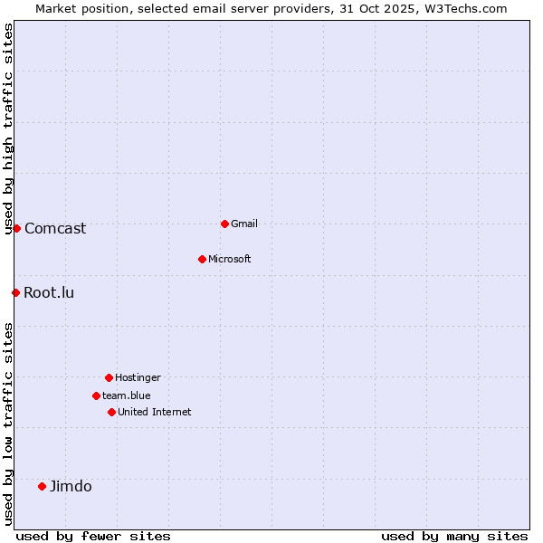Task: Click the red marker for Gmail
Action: tap(224, 224)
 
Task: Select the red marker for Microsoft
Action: tap(202, 259)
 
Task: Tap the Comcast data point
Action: tap(16, 228)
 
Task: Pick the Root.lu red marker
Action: tap(15, 292)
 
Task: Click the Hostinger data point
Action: tap(109, 377)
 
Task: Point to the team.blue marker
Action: tap(96, 395)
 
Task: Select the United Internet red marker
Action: tap(111, 412)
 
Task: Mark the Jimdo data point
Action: tap(42, 486)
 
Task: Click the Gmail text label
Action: tap(244, 224)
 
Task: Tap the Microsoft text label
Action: tap(230, 259)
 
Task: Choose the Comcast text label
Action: tap(55, 228)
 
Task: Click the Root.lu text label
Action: tap(49, 292)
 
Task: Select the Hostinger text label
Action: tap(138, 377)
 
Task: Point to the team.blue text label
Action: tap(127, 395)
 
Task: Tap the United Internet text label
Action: tap(155, 412)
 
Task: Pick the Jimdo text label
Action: tap(71, 486)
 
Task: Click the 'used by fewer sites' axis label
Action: tap(93, 536)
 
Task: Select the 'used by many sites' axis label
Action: tap(454, 536)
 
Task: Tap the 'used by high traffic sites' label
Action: tap(8, 129)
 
